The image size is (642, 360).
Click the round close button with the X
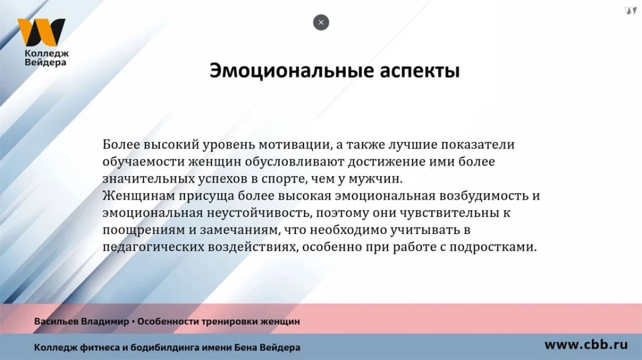(321, 23)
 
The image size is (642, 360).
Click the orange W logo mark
(41, 33)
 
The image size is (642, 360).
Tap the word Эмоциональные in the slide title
(290, 71)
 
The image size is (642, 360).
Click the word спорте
(287, 179)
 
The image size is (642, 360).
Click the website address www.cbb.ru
(586, 344)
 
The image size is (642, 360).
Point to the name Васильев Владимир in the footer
(81, 322)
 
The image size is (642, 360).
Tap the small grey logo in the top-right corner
(630, 10)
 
